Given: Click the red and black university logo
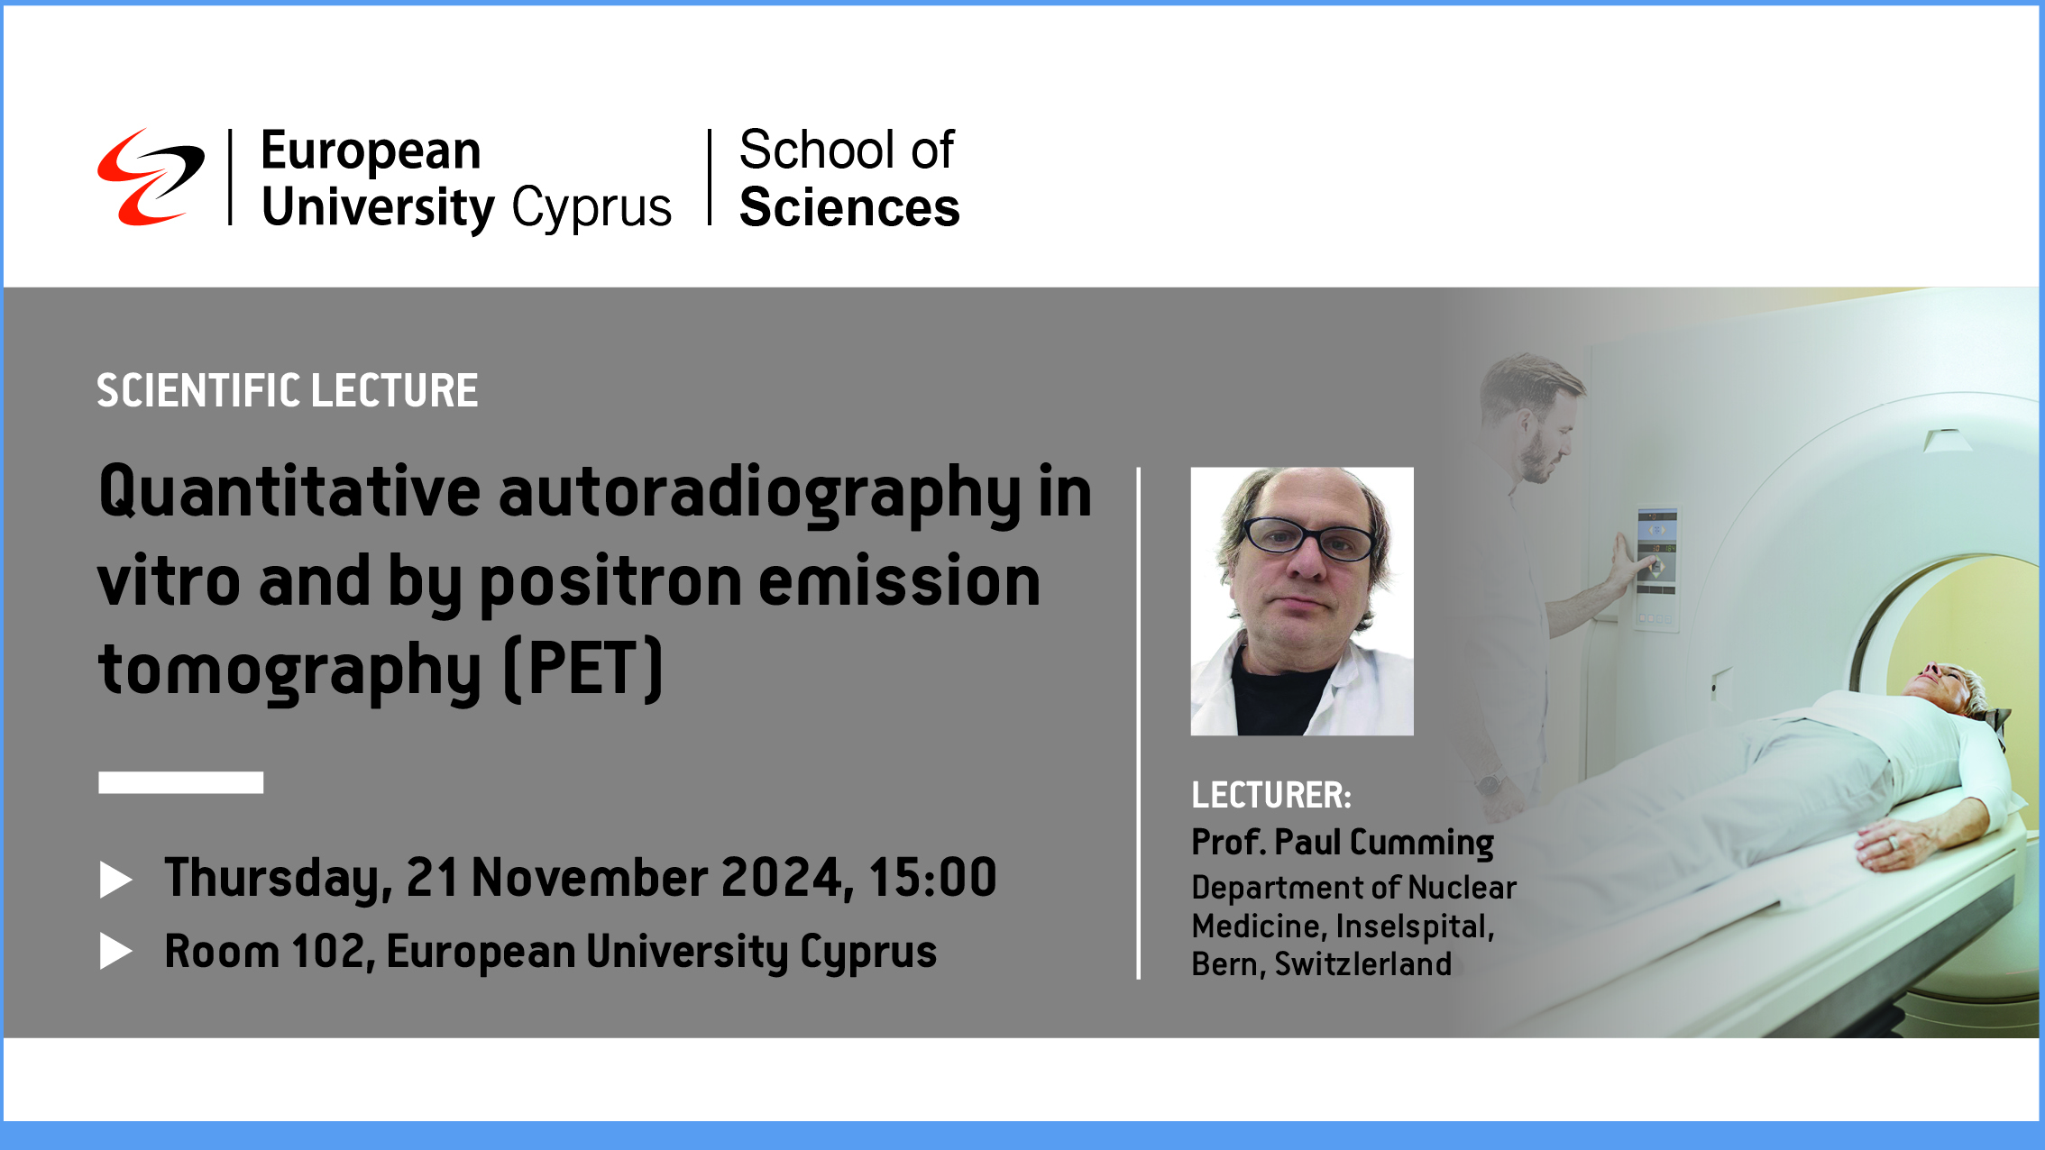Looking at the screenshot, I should tap(150, 177).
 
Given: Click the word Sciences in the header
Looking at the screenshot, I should tap(848, 208).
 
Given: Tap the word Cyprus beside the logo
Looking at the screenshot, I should tap(591, 208).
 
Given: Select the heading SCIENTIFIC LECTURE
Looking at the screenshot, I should tap(287, 391).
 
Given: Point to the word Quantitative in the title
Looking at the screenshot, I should tap(289, 492).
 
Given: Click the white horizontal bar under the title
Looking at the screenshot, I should tap(180, 782).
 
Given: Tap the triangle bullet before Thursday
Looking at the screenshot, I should tap(115, 880).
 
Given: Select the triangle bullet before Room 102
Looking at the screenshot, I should tap(115, 952).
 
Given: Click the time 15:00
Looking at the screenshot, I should tap(932, 878).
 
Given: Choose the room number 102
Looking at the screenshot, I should tap(327, 952).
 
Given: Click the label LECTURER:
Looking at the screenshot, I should tap(1270, 796).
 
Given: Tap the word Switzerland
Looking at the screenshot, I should tap(1362, 964).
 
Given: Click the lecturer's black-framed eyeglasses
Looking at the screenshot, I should tap(1307, 539).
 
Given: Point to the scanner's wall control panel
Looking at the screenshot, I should tap(1656, 569).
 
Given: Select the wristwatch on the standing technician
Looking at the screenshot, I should tap(1490, 782).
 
